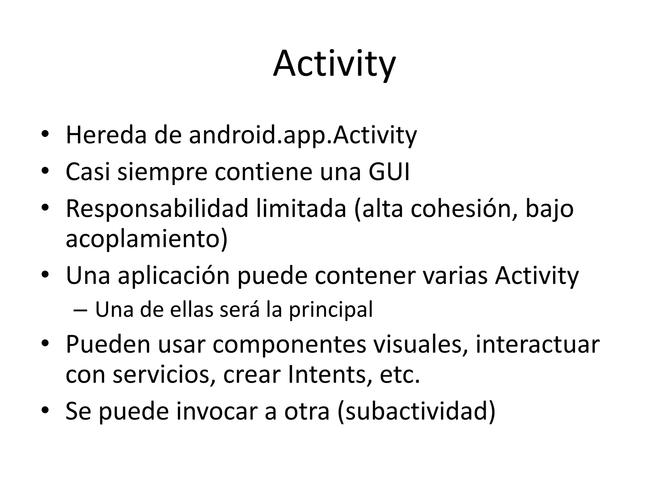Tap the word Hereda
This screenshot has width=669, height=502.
(x=106, y=135)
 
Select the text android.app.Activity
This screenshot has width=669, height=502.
(x=303, y=135)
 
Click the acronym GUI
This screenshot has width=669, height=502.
(x=389, y=172)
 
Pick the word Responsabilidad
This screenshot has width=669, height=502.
(x=157, y=209)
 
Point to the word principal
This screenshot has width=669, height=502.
(x=331, y=310)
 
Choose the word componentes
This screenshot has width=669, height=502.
(x=289, y=345)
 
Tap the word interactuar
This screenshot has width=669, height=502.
(x=537, y=344)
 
